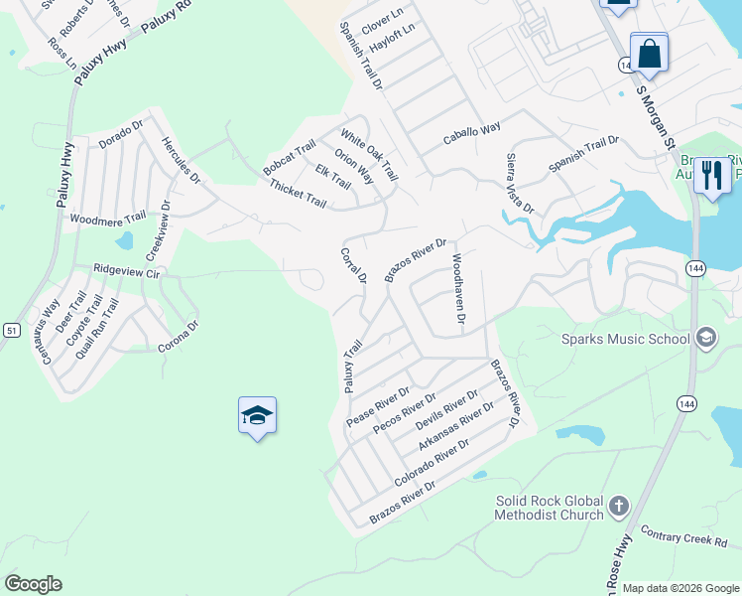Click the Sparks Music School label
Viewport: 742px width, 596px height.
625,339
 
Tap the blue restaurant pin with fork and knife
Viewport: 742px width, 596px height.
711,176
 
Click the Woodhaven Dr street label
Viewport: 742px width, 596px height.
458,289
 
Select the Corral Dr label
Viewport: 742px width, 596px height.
353,265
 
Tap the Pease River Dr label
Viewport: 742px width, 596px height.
378,407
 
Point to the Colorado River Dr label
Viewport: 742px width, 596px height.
431,463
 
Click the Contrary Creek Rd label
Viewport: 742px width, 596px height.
683,538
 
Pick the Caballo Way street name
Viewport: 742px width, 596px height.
471,130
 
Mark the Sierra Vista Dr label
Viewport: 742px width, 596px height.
520,183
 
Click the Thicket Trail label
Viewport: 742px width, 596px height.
297,195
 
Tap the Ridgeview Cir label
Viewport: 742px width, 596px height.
126,270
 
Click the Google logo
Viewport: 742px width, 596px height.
33,584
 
